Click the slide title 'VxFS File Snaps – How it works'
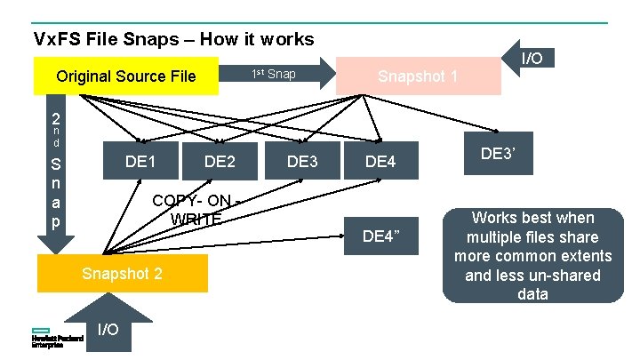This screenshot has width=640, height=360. pos(173,39)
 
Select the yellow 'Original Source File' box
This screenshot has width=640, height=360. pos(125,76)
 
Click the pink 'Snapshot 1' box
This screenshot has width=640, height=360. pos(418,76)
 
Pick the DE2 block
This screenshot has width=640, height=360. pos(220,161)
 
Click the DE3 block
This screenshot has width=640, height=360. pos(302,161)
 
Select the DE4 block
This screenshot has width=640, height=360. pos(380,161)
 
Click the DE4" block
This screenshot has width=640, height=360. pos(380,235)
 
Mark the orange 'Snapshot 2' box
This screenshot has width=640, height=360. pos(122,273)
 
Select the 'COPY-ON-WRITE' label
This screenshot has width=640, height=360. pos(195,209)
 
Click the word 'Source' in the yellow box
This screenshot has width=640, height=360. pos(140,76)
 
